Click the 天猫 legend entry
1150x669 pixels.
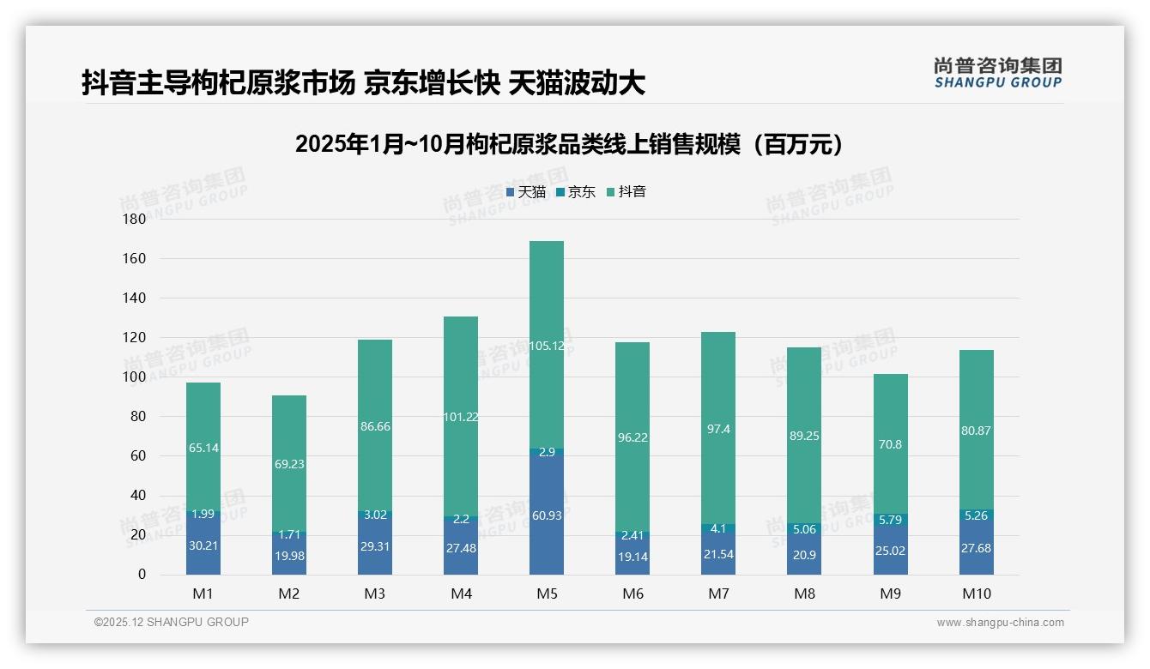tap(526, 192)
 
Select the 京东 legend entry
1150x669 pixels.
tap(576, 192)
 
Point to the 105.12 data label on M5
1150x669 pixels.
tap(547, 346)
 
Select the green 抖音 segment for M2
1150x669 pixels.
tap(289, 463)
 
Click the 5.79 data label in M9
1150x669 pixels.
tap(890, 520)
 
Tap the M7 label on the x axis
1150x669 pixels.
tap(718, 594)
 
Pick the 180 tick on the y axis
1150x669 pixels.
tap(135, 220)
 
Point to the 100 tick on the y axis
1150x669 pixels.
tap(135, 377)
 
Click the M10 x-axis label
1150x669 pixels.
tap(976, 594)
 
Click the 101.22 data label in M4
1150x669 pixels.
tap(461, 417)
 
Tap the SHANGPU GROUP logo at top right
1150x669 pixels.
tap(997, 73)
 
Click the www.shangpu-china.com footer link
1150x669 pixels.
tap(1000, 623)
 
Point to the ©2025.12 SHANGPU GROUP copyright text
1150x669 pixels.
tap(172, 623)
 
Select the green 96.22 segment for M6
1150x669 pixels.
tap(632, 437)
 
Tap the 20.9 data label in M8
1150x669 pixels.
tap(804, 556)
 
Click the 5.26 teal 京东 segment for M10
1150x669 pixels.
tap(976, 515)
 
